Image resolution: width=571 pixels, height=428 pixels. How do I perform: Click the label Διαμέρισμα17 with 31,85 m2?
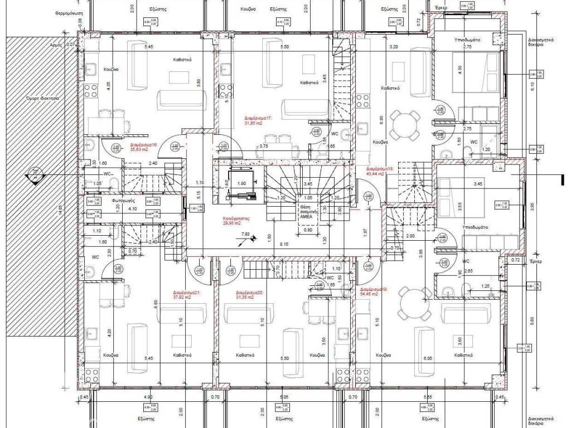(x=258, y=121)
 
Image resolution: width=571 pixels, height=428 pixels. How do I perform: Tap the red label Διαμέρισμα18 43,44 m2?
(x=380, y=171)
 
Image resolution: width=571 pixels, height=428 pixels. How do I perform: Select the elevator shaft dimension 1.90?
(x=241, y=183)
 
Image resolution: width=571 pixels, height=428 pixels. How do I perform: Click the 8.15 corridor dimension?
(x=284, y=244)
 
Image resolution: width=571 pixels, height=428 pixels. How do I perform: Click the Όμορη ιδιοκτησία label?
(x=38, y=98)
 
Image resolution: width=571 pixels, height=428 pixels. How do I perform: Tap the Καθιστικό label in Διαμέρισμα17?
(x=309, y=82)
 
